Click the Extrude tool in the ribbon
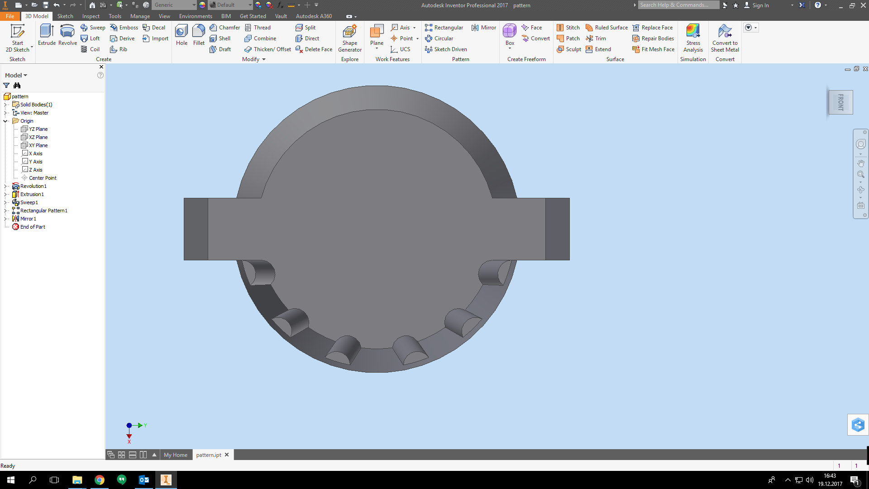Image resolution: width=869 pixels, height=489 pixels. [x=47, y=35]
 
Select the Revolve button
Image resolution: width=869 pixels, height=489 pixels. [x=67, y=35]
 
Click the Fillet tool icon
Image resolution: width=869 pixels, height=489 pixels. [x=199, y=35]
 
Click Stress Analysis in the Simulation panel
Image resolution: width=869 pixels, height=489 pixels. [x=693, y=38]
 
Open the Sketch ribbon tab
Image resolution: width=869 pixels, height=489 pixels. [x=65, y=16]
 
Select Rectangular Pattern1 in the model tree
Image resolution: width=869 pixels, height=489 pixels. [x=43, y=211]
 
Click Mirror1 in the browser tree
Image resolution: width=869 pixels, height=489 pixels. [x=28, y=219]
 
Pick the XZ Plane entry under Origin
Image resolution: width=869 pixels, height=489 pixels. [x=38, y=137]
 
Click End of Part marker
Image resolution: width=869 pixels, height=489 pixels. [x=33, y=227]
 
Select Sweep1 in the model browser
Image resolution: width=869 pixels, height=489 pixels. [x=29, y=202]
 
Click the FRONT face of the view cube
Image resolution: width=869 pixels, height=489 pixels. [x=840, y=102]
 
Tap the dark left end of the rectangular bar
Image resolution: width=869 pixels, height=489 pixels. [x=196, y=229]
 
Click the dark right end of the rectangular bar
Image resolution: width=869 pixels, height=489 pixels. [x=558, y=229]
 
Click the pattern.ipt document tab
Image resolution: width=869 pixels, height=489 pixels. [x=209, y=455]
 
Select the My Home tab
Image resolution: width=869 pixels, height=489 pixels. [x=176, y=455]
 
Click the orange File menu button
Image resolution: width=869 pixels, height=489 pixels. [x=10, y=16]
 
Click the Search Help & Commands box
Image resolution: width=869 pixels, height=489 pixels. [x=678, y=5]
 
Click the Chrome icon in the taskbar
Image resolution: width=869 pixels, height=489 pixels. [x=100, y=480]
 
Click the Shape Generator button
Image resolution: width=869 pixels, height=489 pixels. [x=349, y=38]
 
